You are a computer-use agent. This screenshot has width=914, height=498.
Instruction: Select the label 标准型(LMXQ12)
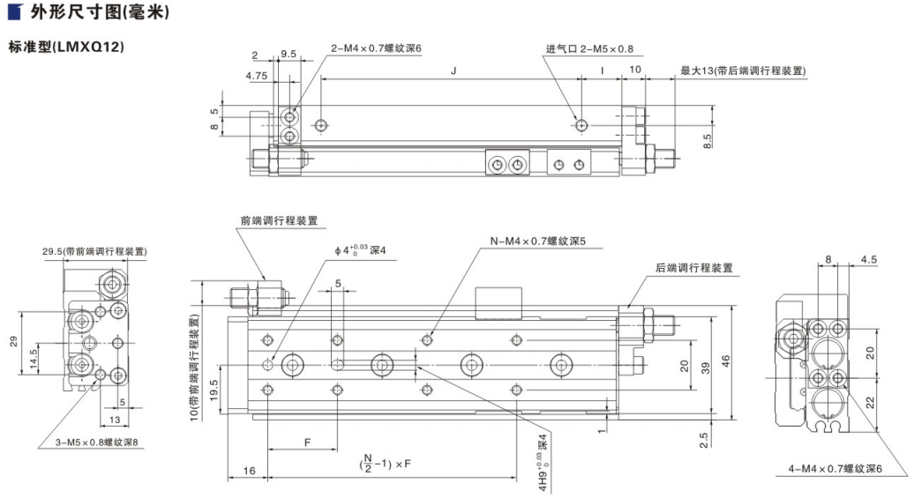(65, 46)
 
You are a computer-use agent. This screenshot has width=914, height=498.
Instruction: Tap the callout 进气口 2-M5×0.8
(589, 49)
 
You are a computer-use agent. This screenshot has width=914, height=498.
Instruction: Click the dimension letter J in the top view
(452, 69)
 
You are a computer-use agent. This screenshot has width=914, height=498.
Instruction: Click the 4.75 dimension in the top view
(257, 77)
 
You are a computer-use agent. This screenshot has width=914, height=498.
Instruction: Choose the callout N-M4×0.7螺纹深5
(538, 241)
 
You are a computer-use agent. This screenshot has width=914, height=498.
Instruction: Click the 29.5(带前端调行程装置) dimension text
(94, 252)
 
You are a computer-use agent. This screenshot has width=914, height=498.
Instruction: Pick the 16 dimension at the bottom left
(251, 472)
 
